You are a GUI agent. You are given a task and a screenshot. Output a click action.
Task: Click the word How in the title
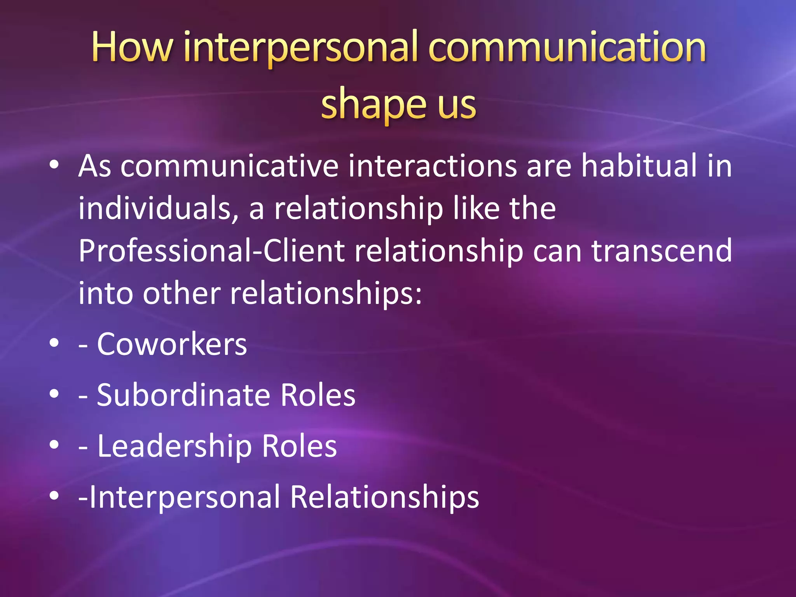coord(132,47)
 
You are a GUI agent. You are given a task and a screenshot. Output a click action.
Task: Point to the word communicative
coord(229,166)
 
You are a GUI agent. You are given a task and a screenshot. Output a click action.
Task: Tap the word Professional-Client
coord(211,251)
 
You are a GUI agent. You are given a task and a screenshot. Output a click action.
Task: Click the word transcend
coord(662,251)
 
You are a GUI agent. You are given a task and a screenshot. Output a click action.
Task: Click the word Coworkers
coord(172,344)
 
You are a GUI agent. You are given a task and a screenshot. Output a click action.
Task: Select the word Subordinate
coord(183,395)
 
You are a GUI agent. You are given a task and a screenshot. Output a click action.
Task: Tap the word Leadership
coord(174,446)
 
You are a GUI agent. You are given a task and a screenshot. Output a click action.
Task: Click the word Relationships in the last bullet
coord(384,497)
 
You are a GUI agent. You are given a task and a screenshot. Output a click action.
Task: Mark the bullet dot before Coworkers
coord(54,343)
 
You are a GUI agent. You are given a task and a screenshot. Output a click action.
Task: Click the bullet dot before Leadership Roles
coord(54,445)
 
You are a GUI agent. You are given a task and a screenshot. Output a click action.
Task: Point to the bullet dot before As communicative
coord(54,165)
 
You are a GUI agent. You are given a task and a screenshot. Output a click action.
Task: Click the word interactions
coord(432,166)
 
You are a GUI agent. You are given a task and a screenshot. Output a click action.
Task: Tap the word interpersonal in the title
coord(302,47)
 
